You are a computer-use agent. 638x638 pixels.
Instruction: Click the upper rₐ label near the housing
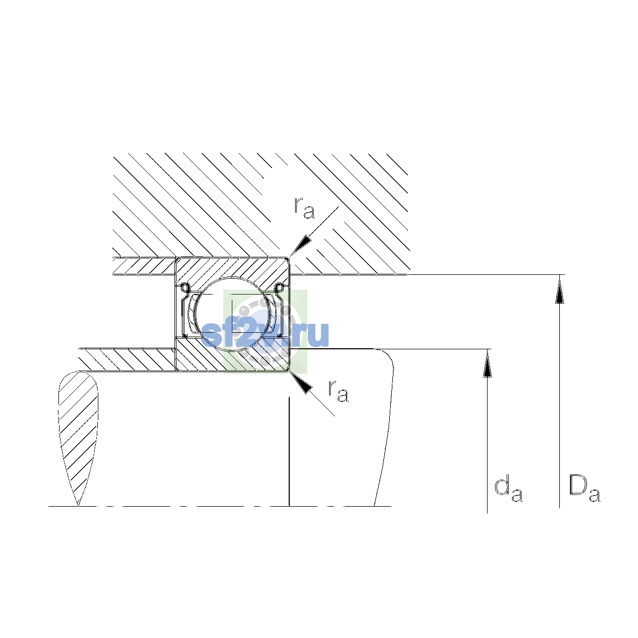pos(304,208)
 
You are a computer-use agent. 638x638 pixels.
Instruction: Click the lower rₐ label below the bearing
pos(338,392)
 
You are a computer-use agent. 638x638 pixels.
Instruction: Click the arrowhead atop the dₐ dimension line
pos(487,363)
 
